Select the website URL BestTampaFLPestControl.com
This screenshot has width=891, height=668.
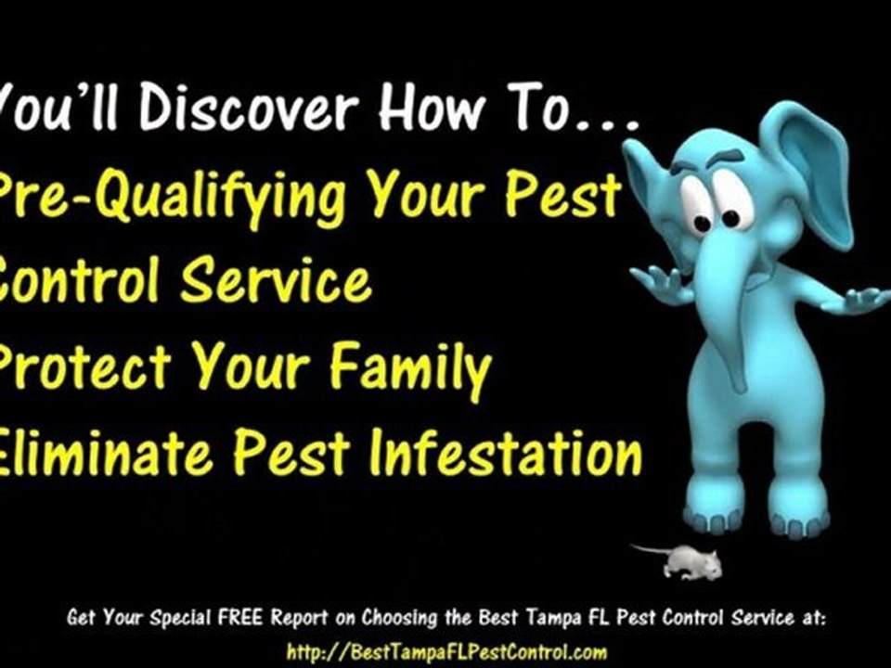pos(446,651)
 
